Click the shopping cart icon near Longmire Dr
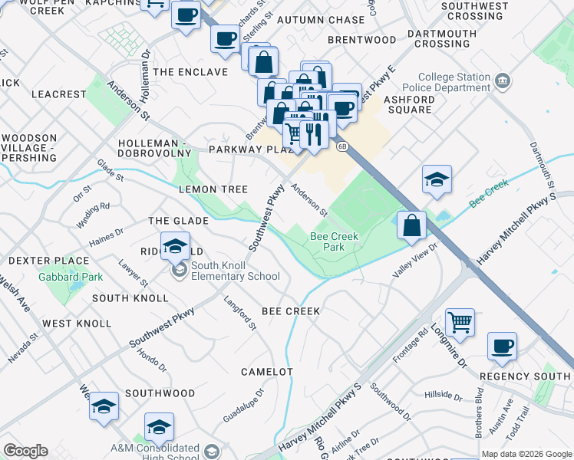pyautogui.click(x=460, y=323)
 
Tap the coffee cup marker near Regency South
pyautogui.click(x=502, y=347)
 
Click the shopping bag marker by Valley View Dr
pyautogui.click(x=412, y=225)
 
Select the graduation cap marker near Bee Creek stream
pyautogui.click(x=437, y=180)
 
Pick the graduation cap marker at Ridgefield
pyautogui.click(x=175, y=246)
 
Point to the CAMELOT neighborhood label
pyautogui.click(x=267, y=372)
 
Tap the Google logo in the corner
pyautogui.click(x=25, y=451)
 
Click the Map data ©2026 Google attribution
pyautogui.click(x=526, y=454)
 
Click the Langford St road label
pyautogui.click(x=240, y=314)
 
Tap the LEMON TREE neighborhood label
pyautogui.click(x=213, y=189)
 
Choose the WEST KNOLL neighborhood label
pyautogui.click(x=77, y=324)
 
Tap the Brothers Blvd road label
pyautogui.click(x=479, y=418)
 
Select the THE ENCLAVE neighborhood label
pyautogui.click(x=190, y=72)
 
